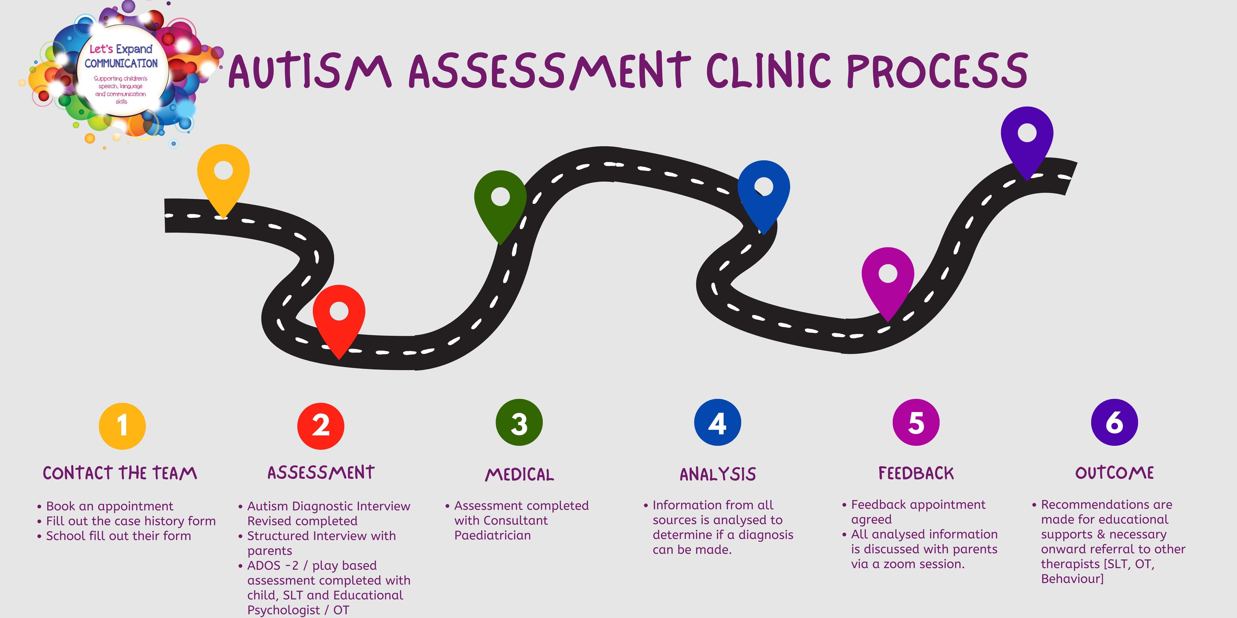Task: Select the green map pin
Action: [x=500, y=201]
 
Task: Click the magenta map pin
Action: [x=887, y=278]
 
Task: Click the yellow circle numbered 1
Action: [x=122, y=426]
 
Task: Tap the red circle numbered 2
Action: [x=321, y=426]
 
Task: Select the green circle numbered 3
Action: [x=519, y=422]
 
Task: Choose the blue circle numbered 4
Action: [x=717, y=422]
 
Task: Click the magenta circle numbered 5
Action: [x=916, y=422]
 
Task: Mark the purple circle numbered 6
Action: [x=1114, y=422]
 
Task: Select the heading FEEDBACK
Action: [x=916, y=473]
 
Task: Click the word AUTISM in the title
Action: [x=309, y=72]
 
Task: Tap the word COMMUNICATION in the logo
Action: [x=121, y=63]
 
